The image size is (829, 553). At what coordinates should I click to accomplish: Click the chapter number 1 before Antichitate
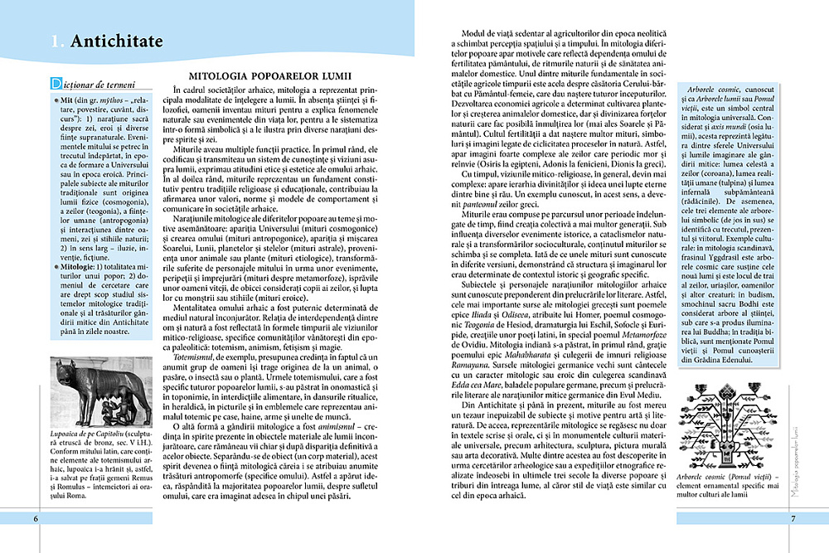[54, 41]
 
